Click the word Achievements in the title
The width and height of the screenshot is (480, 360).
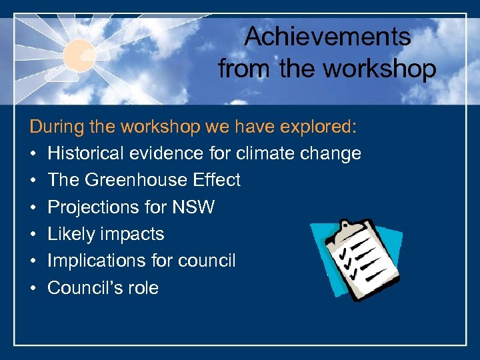pyautogui.click(x=327, y=37)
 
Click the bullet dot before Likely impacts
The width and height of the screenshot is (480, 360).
pyautogui.click(x=33, y=235)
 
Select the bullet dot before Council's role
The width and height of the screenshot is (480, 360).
pyautogui.click(x=33, y=288)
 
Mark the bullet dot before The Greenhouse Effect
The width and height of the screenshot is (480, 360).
pyautogui.click(x=33, y=181)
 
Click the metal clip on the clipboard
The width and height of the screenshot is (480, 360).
pyautogui.click(x=347, y=229)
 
